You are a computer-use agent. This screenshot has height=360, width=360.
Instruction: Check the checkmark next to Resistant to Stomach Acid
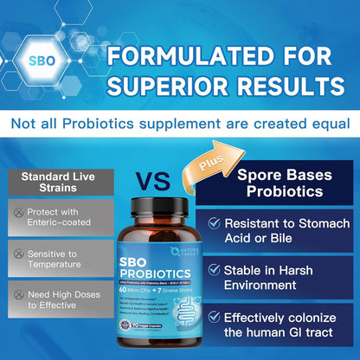[x=214, y=224]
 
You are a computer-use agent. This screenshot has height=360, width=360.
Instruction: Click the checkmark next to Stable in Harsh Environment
[x=214, y=271]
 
